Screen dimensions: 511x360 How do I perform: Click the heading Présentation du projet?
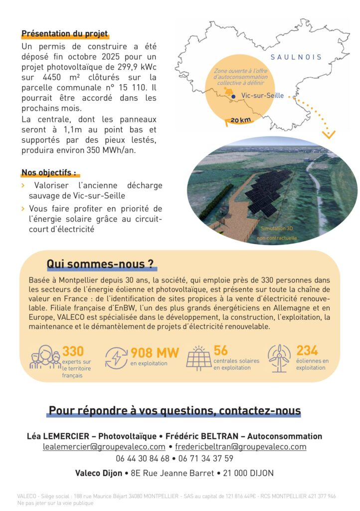pos(65,34)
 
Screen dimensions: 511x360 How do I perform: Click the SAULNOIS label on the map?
pos(296,57)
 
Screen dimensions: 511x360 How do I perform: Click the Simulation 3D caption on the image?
pos(277,229)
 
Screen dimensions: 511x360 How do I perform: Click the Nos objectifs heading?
pos(49,173)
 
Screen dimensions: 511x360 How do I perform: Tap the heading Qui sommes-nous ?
pos(100,263)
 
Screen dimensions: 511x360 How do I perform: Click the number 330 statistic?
pos(73,351)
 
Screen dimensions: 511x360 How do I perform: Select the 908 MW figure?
pos(155,353)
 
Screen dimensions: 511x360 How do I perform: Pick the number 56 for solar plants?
pos(220,350)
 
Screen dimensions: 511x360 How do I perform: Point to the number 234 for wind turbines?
pos(307,350)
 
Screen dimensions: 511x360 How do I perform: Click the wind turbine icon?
pos(279,358)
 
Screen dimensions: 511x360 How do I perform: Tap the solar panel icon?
pos(198,358)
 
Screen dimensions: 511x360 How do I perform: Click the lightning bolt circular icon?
pos(116,358)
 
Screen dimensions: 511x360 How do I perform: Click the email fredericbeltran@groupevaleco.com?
pos(240,447)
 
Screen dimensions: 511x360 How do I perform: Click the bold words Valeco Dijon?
pos(98,473)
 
